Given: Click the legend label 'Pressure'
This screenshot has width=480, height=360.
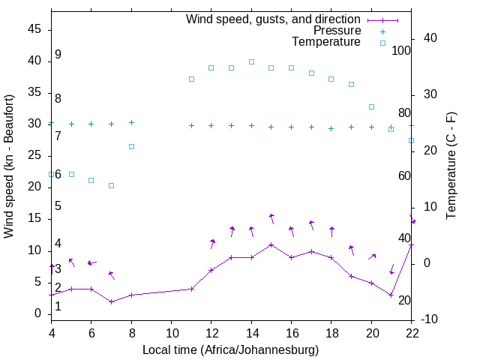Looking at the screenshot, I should click(x=337, y=31).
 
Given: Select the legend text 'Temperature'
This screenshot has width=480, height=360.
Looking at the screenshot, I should click(x=326, y=42).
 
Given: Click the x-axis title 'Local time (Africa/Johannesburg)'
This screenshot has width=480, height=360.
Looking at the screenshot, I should click(x=231, y=349).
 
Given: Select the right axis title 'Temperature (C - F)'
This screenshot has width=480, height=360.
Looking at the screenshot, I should click(x=451, y=166).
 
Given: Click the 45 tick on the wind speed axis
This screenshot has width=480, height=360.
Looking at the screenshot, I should click(x=35, y=28).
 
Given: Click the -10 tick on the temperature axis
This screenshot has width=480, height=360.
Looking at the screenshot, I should click(x=429, y=319).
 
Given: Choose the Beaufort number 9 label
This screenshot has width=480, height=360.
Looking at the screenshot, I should click(x=58, y=55).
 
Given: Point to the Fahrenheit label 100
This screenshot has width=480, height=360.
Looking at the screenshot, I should click(x=401, y=50).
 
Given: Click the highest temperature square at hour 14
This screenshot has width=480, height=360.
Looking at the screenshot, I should click(x=251, y=61).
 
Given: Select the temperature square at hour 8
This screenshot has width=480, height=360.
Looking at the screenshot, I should click(x=131, y=146).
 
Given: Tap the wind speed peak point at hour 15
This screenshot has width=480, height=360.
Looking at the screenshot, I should click(x=271, y=244).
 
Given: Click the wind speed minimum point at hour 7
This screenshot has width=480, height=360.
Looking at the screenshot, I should click(x=111, y=301).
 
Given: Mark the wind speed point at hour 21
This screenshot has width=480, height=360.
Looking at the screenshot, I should click(x=391, y=295).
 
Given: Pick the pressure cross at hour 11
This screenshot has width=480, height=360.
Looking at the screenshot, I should click(x=191, y=125).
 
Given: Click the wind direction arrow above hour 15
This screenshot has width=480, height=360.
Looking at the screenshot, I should click(x=271, y=218).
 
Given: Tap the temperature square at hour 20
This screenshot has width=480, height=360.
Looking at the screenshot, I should click(x=371, y=106).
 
